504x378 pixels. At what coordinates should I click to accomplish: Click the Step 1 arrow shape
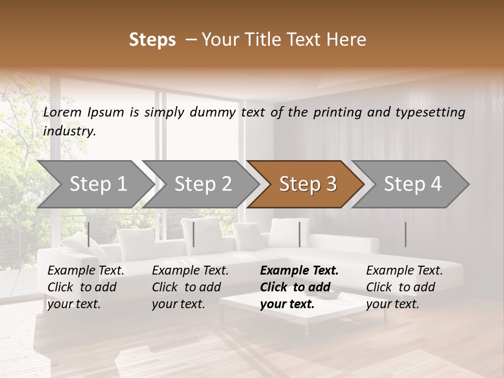[94, 184]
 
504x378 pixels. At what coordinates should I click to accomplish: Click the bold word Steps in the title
[152, 40]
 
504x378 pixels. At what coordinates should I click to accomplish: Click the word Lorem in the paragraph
[62, 112]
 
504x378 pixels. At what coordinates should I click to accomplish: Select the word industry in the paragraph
[69, 131]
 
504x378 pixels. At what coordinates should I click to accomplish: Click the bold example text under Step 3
[299, 287]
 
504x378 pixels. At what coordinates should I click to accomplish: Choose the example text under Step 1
[86, 287]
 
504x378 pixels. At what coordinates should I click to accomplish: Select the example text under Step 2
[190, 287]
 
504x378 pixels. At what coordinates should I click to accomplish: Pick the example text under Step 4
[404, 287]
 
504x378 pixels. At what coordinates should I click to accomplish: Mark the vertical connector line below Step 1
[89, 234]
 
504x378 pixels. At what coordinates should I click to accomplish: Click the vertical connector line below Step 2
[194, 234]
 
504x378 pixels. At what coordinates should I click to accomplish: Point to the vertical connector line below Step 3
[300, 234]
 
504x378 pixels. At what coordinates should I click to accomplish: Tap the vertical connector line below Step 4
[405, 234]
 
